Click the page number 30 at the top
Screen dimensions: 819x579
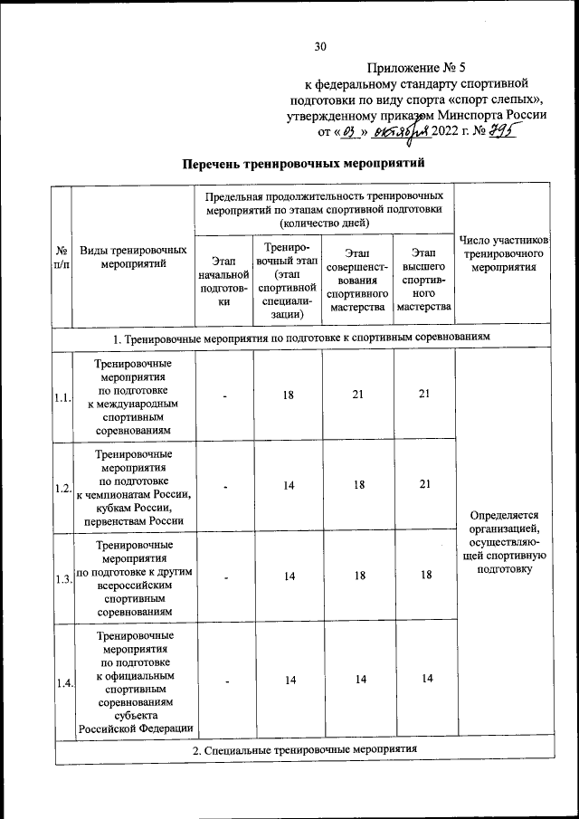(x=319, y=46)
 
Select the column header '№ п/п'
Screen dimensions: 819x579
(x=62, y=256)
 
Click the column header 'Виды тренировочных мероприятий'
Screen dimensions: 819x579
(x=133, y=256)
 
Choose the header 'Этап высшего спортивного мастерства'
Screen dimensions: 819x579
(x=422, y=279)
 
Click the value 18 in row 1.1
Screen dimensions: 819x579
(x=289, y=394)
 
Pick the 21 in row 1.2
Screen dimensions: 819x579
(x=422, y=486)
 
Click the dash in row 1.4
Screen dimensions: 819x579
(x=224, y=681)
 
